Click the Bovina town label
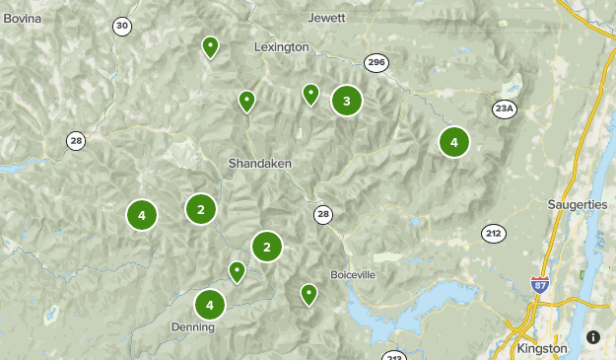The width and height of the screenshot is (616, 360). (x=23, y=18)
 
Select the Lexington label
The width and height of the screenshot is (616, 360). (x=281, y=46)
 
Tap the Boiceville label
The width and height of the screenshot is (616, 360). (x=353, y=274)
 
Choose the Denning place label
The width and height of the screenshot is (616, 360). (x=191, y=326)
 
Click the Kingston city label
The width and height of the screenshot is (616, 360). (x=542, y=348)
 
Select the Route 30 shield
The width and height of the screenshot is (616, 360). (x=121, y=26)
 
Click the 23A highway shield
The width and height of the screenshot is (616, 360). (x=505, y=108)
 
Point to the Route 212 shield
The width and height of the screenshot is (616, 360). (x=494, y=233)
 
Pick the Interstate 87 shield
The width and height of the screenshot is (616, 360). (x=539, y=284)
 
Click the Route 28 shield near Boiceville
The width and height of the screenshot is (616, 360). (x=323, y=213)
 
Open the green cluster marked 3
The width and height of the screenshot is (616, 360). (x=346, y=100)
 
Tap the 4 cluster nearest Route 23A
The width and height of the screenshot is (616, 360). (x=453, y=142)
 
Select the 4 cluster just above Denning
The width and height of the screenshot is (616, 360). (x=209, y=304)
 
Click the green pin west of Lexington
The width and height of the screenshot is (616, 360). (x=210, y=46)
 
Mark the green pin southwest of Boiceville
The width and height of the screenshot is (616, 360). (x=308, y=293)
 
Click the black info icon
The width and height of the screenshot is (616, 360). (x=592, y=337)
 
